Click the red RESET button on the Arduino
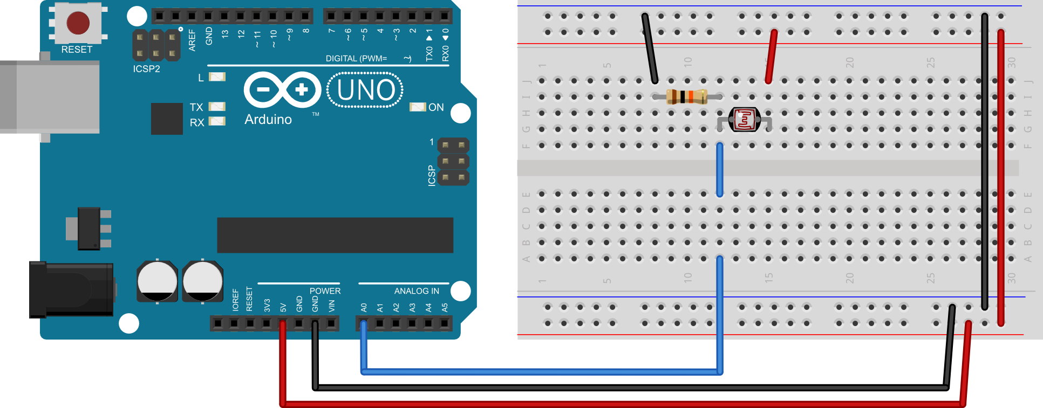click(x=78, y=23)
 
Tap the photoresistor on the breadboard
click(x=745, y=120)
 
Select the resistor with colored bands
click(x=686, y=96)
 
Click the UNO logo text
click(x=365, y=91)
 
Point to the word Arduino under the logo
click(x=268, y=120)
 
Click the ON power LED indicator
click(x=418, y=107)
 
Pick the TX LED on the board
click(x=217, y=107)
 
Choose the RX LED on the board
click(x=217, y=121)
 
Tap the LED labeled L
click(x=217, y=77)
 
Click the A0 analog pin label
click(x=364, y=307)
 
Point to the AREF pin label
click(x=192, y=40)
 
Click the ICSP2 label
click(x=146, y=69)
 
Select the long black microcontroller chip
click(x=335, y=235)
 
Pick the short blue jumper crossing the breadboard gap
click(x=719, y=170)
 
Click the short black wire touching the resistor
click(x=649, y=49)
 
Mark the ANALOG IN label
click(x=417, y=291)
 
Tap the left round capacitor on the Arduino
click(x=157, y=281)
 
